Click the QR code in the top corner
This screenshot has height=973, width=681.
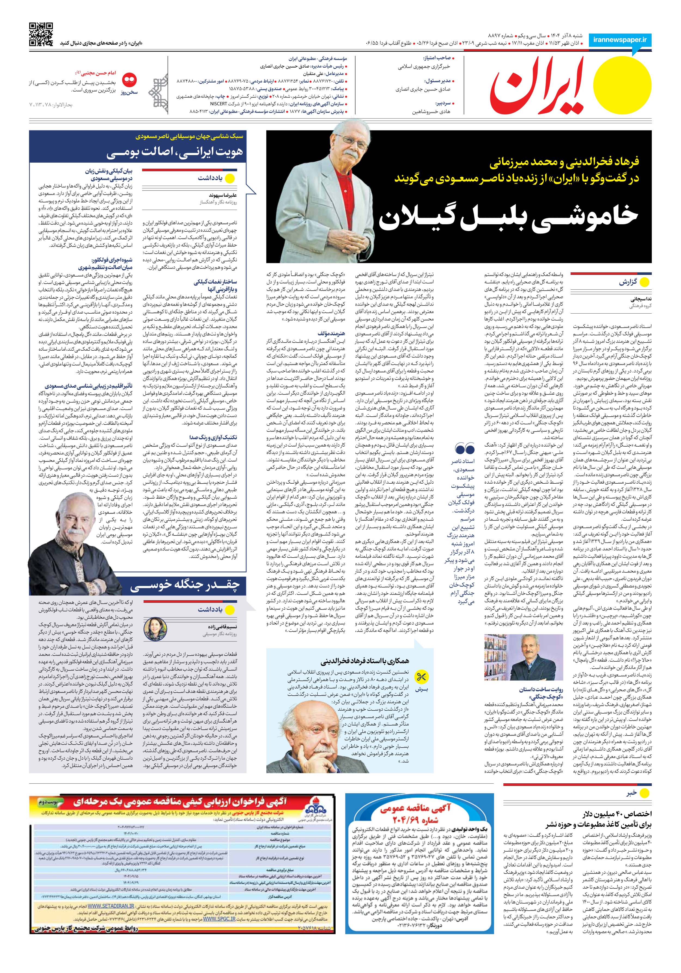pyautogui.click(x=41, y=34)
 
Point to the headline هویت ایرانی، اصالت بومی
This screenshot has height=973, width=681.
pyautogui.click(x=175, y=152)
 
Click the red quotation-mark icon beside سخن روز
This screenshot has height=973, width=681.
pyautogui.click(x=129, y=80)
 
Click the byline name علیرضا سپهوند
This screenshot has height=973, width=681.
pyautogui.click(x=223, y=195)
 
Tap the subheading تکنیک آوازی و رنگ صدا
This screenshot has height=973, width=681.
pyautogui.click(x=213, y=437)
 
